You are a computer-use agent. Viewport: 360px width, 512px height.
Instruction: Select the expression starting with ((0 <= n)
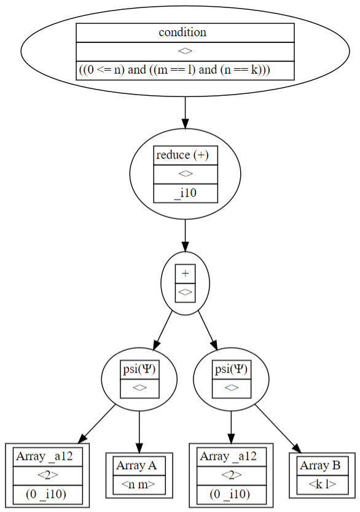[175, 70]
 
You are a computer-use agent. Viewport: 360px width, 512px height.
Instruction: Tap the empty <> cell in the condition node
[185, 52]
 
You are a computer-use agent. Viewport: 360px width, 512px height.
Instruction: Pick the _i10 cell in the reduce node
[185, 193]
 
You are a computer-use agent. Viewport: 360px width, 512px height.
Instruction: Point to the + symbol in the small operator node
[185, 274]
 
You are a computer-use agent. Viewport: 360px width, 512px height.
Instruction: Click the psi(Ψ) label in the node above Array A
[139, 370]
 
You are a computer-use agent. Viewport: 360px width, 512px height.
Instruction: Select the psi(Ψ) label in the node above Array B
[231, 370]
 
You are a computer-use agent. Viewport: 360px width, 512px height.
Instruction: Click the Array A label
[139, 466]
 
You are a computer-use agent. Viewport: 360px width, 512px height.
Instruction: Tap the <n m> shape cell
[139, 485]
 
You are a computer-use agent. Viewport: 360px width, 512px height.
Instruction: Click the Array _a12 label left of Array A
[47, 456]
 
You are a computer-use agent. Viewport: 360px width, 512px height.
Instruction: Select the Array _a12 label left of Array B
[231, 456]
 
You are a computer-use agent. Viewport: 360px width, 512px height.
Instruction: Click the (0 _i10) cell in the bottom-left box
[47, 494]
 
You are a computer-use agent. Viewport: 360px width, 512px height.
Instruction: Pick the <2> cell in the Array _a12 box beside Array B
[231, 475]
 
